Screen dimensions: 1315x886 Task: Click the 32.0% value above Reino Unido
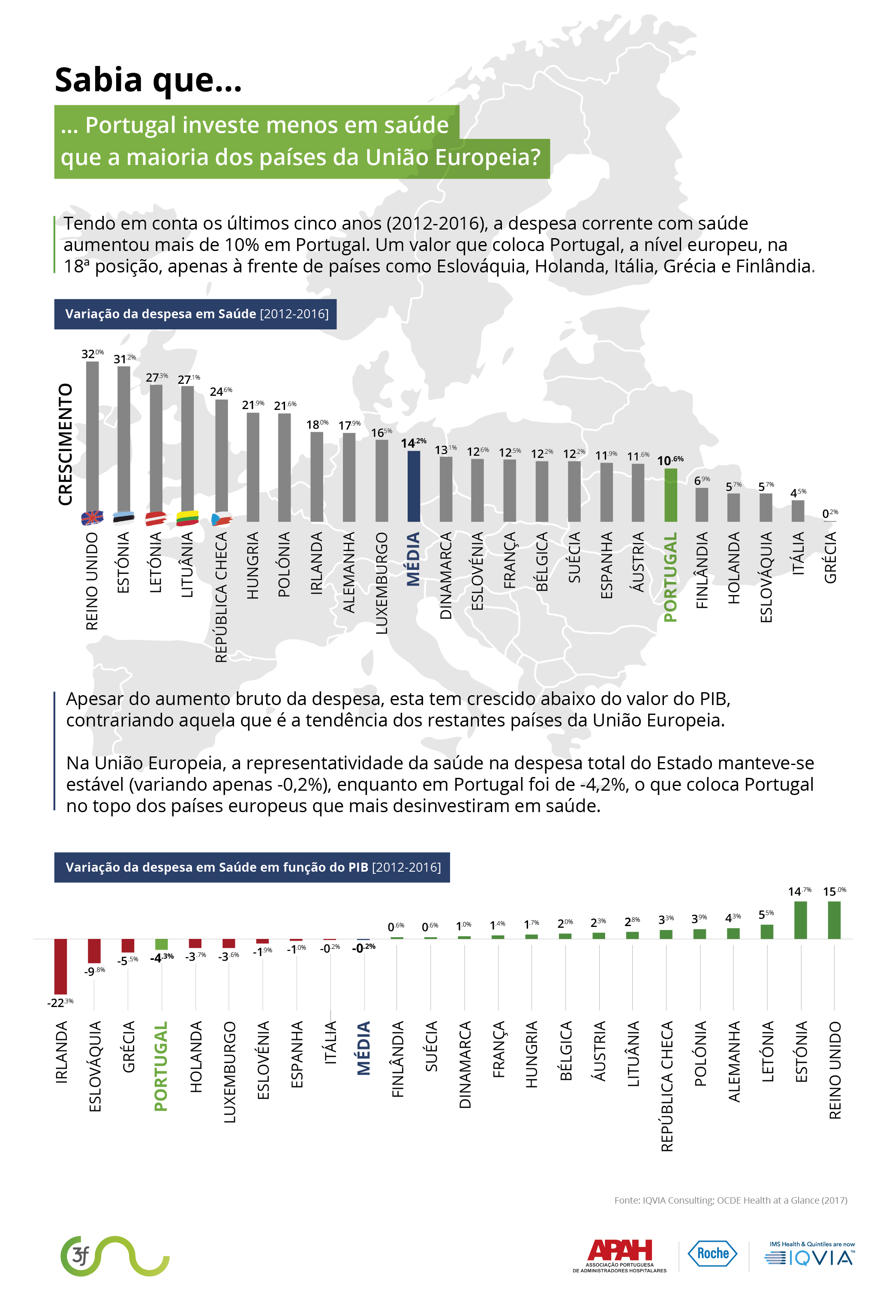tap(92, 354)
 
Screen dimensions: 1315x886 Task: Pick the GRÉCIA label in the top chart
tap(829, 558)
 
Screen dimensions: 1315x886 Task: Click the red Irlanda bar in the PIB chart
tap(60, 966)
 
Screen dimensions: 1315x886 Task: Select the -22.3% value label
tap(60, 1003)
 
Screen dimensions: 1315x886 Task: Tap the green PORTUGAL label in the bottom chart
tap(162, 1066)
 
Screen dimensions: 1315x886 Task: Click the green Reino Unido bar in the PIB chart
tap(834, 920)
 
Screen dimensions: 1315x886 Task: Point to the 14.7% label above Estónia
tap(799, 891)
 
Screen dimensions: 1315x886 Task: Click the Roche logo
tap(712, 1253)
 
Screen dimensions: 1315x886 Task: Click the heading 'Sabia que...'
tap(148, 80)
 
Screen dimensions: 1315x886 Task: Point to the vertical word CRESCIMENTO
tap(66, 444)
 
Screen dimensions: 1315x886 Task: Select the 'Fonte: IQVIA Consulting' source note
tap(730, 1200)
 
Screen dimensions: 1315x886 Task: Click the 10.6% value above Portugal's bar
tap(670, 460)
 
